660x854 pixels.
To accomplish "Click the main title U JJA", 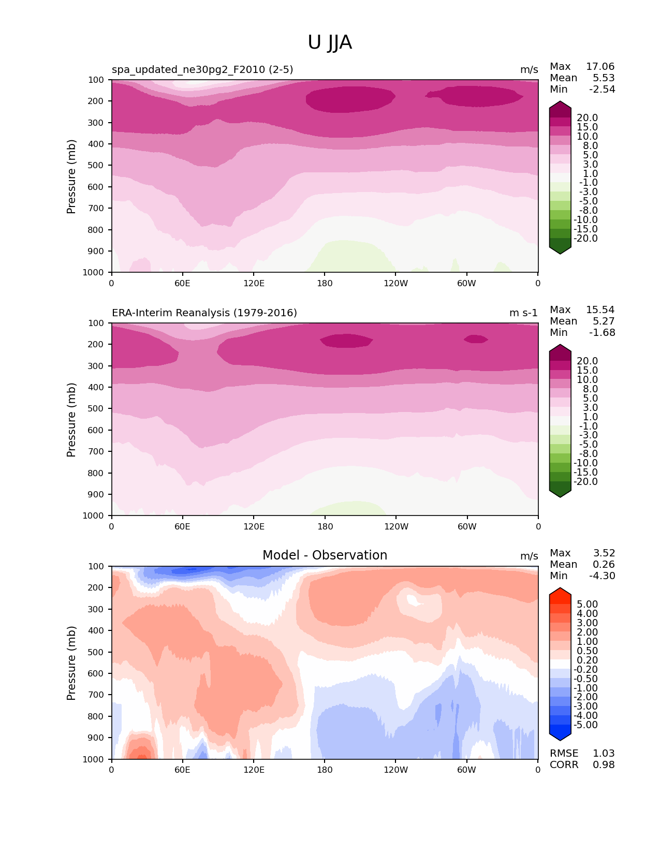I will (330, 42).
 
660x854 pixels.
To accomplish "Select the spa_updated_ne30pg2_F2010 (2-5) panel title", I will (202, 70).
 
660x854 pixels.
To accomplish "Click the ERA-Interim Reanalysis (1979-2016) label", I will (204, 313).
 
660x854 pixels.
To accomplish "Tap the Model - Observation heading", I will (325, 555).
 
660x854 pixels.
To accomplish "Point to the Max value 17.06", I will (600, 67).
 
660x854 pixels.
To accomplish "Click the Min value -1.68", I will (602, 333).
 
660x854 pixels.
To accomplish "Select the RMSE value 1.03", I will (604, 754).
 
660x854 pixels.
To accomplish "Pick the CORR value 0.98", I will (604, 765).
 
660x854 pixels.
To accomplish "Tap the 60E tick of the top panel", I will (182, 283).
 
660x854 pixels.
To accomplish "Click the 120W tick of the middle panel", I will (396, 526).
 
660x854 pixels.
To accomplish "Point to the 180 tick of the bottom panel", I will (325, 770).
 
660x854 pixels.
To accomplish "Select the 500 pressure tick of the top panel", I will (96, 166).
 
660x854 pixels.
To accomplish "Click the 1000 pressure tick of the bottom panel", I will (94, 759).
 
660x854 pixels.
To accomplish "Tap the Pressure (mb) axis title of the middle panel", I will (71, 420).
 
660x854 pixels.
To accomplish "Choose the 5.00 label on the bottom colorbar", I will (587, 605).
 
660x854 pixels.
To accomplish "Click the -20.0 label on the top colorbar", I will (585, 239).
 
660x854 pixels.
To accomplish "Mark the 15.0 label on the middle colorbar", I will (587, 371).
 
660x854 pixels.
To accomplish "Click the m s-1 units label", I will (523, 313).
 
